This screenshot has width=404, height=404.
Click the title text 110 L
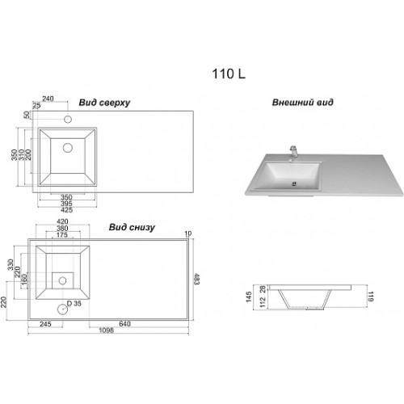click(x=229, y=74)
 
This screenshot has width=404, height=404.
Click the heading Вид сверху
click(x=104, y=103)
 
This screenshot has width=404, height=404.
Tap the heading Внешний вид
click(x=302, y=103)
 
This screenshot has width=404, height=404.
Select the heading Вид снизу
click(x=132, y=228)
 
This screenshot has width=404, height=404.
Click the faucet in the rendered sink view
click(x=294, y=153)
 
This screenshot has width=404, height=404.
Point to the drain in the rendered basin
click(x=294, y=184)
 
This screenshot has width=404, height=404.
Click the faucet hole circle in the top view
click(x=68, y=119)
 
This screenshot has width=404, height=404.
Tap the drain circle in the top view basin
click(x=68, y=148)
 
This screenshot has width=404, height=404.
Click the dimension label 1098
click(x=107, y=330)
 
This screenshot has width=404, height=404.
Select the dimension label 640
click(x=124, y=324)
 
